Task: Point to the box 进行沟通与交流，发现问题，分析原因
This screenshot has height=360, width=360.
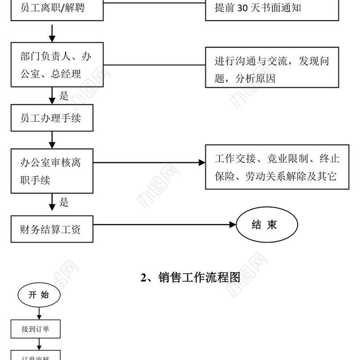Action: coord(272,67)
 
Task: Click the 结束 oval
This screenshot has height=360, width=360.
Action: coord(266,225)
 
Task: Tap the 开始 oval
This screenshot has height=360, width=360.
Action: coord(39,295)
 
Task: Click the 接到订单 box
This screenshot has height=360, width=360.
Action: coord(36,329)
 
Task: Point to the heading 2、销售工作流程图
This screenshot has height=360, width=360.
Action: coord(190,277)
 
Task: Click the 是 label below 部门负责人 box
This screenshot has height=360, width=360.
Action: coord(63,95)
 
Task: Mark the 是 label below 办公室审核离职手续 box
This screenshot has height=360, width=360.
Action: coord(63,202)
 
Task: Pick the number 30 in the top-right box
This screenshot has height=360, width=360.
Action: coord(243,8)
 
